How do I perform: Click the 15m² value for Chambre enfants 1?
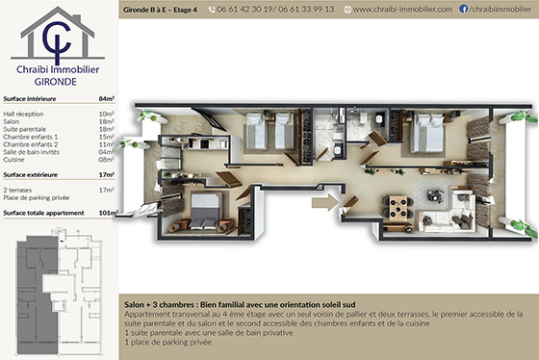click(107, 136)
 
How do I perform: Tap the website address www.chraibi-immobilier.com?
click(402, 9)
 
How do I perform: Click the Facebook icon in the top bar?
click(465, 9)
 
